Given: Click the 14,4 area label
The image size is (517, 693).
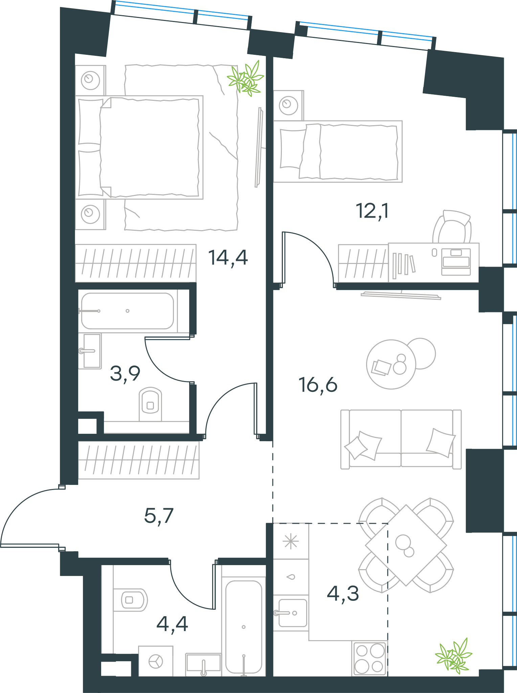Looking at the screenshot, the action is point(228,258).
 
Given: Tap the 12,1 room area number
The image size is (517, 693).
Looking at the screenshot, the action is point(372,211).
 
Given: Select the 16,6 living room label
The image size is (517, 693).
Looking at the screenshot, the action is point(318,385).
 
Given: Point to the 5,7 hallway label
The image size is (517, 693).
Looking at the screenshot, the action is point(159,516).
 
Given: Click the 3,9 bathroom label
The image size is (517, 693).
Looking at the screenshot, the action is point(125,374).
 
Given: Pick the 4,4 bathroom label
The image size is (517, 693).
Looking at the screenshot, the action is point(172,624).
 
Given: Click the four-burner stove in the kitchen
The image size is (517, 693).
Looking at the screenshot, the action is point(369,658).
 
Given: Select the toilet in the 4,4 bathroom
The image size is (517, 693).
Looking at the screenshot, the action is point(130,600).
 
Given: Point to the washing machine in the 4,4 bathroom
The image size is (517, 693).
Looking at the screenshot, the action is point(156,661).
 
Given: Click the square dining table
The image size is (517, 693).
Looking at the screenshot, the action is point(406,545).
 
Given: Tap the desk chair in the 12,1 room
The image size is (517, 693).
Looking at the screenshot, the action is point(452,227).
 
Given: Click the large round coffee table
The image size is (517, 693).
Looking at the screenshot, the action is point(391,364).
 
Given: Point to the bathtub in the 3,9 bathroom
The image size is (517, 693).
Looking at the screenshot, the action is point(128,311).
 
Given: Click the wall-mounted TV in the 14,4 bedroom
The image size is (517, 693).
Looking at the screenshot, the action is point(259,147).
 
